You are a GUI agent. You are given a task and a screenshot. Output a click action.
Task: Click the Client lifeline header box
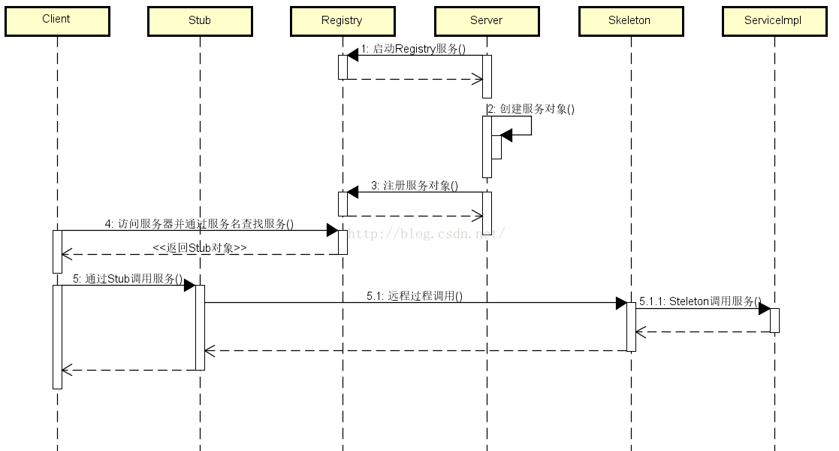tap(57, 21)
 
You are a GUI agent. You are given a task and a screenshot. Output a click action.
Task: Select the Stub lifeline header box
tap(200, 21)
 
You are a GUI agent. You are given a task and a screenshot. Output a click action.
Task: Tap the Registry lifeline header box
tap(343, 21)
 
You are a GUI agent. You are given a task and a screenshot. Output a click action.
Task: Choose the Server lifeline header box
tap(487, 21)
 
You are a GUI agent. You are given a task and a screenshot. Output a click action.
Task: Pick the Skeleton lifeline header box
tap(630, 21)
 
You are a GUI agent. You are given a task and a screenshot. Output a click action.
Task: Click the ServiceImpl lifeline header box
tap(774, 21)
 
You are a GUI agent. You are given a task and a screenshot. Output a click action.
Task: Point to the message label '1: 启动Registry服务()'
tap(413, 49)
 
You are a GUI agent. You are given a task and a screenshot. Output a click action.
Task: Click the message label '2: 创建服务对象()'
tap(531, 108)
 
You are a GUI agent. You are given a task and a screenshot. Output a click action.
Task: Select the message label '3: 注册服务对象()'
tap(414, 186)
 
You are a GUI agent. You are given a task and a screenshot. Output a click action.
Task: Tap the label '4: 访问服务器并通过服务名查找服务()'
tap(199, 223)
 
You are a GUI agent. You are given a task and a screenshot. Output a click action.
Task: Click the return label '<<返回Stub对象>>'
tap(199, 247)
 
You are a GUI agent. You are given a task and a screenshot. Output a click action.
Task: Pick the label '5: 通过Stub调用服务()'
tap(128, 279)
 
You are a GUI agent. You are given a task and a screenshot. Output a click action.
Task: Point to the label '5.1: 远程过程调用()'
tap(415, 296)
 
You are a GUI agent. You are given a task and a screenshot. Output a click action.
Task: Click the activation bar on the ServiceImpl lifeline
tap(774, 320)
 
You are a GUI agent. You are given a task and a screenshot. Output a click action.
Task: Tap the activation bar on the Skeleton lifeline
tap(631, 327)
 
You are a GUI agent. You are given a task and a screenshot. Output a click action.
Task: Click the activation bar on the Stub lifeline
tap(200, 327)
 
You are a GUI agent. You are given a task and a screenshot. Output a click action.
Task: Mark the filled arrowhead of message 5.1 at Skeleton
tap(621, 303)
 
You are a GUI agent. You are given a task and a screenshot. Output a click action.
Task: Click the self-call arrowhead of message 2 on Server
tap(506, 135)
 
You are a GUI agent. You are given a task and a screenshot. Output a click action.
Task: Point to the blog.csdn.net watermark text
tap(425, 234)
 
